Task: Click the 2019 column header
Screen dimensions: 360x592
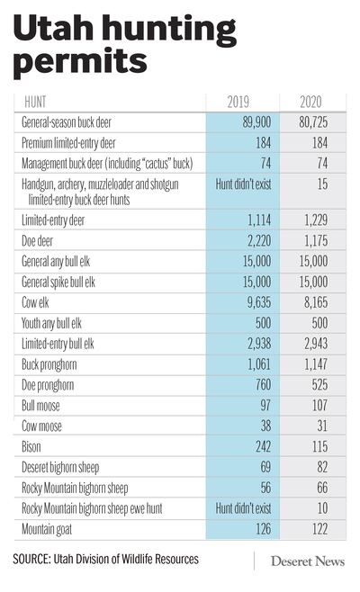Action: pyautogui.click(x=238, y=102)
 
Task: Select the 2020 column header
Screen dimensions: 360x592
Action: pyautogui.click(x=310, y=102)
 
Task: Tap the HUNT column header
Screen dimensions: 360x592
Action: pyautogui.click(x=35, y=102)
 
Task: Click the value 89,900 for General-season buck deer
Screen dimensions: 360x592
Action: pyautogui.click(x=256, y=122)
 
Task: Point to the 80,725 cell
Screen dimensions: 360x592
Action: pyautogui.click(x=313, y=122)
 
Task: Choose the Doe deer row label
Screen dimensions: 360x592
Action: pyautogui.click(x=37, y=241)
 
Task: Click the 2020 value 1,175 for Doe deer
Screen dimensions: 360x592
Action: pyautogui.click(x=316, y=241)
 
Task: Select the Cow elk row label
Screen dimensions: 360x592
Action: pyautogui.click(x=35, y=302)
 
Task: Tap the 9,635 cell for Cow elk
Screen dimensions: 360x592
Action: pyautogui.click(x=259, y=302)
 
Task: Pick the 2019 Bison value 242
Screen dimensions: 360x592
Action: pyautogui.click(x=264, y=446)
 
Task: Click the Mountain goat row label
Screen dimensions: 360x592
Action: pyautogui.click(x=47, y=529)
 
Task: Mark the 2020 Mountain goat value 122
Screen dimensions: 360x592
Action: pyautogui.click(x=320, y=529)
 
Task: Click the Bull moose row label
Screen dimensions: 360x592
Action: pyautogui.click(x=40, y=406)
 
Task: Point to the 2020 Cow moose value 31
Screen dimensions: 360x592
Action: pyautogui.click(x=322, y=426)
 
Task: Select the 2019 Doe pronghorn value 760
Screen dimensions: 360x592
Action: pyautogui.click(x=264, y=385)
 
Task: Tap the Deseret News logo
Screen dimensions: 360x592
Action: pyautogui.click(x=308, y=561)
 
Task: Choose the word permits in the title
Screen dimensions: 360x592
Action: pyautogui.click(x=80, y=62)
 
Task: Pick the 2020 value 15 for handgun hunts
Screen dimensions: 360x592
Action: pyautogui.click(x=322, y=184)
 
